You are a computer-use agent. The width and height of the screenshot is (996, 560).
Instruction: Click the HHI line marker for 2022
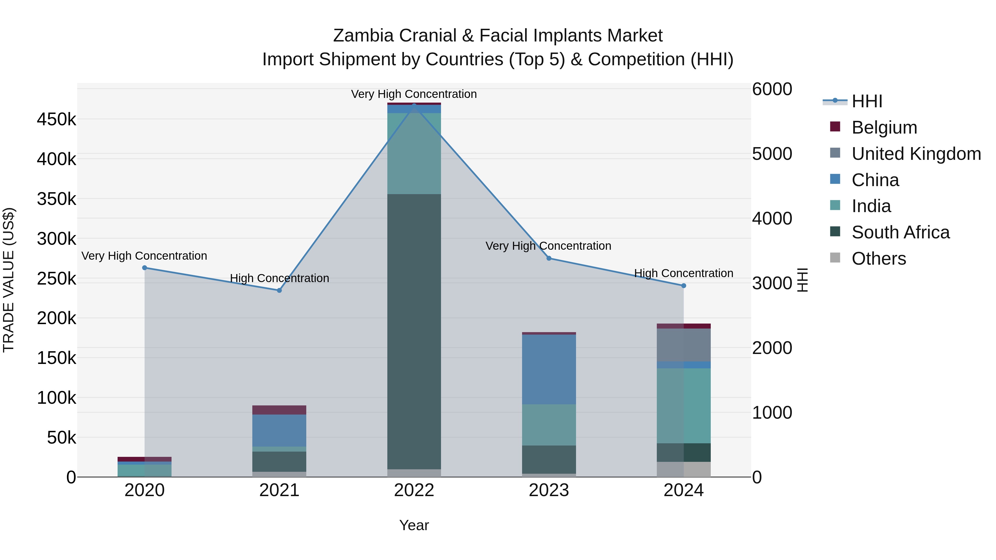click(x=414, y=106)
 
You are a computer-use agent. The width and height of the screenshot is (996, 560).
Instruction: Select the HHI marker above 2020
click(x=145, y=267)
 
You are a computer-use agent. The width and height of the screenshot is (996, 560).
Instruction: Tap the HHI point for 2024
click(x=684, y=286)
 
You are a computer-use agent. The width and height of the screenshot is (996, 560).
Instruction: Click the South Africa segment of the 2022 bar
click(x=414, y=331)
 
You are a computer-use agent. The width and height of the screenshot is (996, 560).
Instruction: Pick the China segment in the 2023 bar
click(x=549, y=369)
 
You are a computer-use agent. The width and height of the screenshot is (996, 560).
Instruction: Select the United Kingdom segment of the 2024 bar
click(x=684, y=345)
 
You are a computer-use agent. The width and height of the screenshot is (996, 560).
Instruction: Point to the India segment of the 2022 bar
click(x=414, y=153)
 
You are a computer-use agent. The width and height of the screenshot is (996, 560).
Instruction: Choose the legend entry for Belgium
click(x=884, y=127)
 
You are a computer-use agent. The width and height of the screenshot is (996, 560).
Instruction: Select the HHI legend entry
click(x=867, y=101)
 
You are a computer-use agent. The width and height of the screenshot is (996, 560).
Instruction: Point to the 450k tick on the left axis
click(x=56, y=119)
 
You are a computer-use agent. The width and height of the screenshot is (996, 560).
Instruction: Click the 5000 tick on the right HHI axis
click(x=772, y=154)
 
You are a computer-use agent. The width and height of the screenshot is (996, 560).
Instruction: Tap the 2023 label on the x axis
click(x=549, y=490)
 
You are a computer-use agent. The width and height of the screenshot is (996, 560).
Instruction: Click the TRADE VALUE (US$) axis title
click(x=9, y=280)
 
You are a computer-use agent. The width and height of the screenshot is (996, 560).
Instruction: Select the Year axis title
click(x=414, y=525)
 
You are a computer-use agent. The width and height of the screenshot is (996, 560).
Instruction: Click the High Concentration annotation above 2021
click(x=279, y=278)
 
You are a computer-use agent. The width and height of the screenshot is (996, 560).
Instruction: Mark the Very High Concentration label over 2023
click(x=548, y=246)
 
